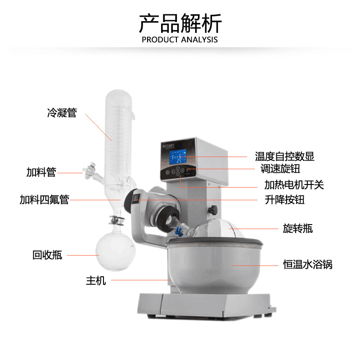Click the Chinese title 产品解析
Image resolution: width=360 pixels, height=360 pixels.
pos(180,23)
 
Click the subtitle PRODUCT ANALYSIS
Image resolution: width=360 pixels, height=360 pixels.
pos(180,40)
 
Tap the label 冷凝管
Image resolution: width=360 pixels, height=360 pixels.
pos(62,112)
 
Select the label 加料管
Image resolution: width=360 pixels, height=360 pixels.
pos(41,172)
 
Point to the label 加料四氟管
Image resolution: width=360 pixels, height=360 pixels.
pos(44,199)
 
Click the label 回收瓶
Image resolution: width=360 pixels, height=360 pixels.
pos(47,255)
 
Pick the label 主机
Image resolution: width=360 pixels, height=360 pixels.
pos(96,280)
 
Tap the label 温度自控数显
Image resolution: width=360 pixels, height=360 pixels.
pos(284,156)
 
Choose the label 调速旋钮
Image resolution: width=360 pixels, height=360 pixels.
pos(280,169)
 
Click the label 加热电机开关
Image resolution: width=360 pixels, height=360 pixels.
pos(294,185)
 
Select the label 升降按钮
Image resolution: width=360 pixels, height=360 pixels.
pos(285,199)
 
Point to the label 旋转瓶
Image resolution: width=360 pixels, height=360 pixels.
pos(298,229)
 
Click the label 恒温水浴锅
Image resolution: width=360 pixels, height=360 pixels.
pos(308,265)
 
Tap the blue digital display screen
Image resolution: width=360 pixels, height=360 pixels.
pos(178,157)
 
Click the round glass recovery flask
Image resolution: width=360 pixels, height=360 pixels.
pos(115,251)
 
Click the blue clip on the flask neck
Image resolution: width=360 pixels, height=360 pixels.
pos(178,231)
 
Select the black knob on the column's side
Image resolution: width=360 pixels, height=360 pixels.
pos(212,209)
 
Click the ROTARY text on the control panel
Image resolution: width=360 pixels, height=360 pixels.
pos(168,146)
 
